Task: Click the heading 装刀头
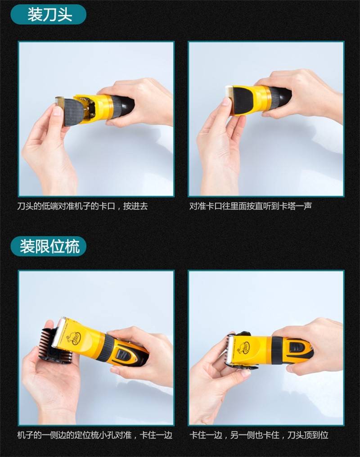click(50, 14)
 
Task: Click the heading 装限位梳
click(50, 246)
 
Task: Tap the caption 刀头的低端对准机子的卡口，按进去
click(82, 206)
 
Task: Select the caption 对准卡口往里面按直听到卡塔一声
click(251, 206)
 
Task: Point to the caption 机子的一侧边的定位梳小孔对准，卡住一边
click(94, 435)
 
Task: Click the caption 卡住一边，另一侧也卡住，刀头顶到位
click(259, 435)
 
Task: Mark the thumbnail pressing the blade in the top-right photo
click(226, 102)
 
